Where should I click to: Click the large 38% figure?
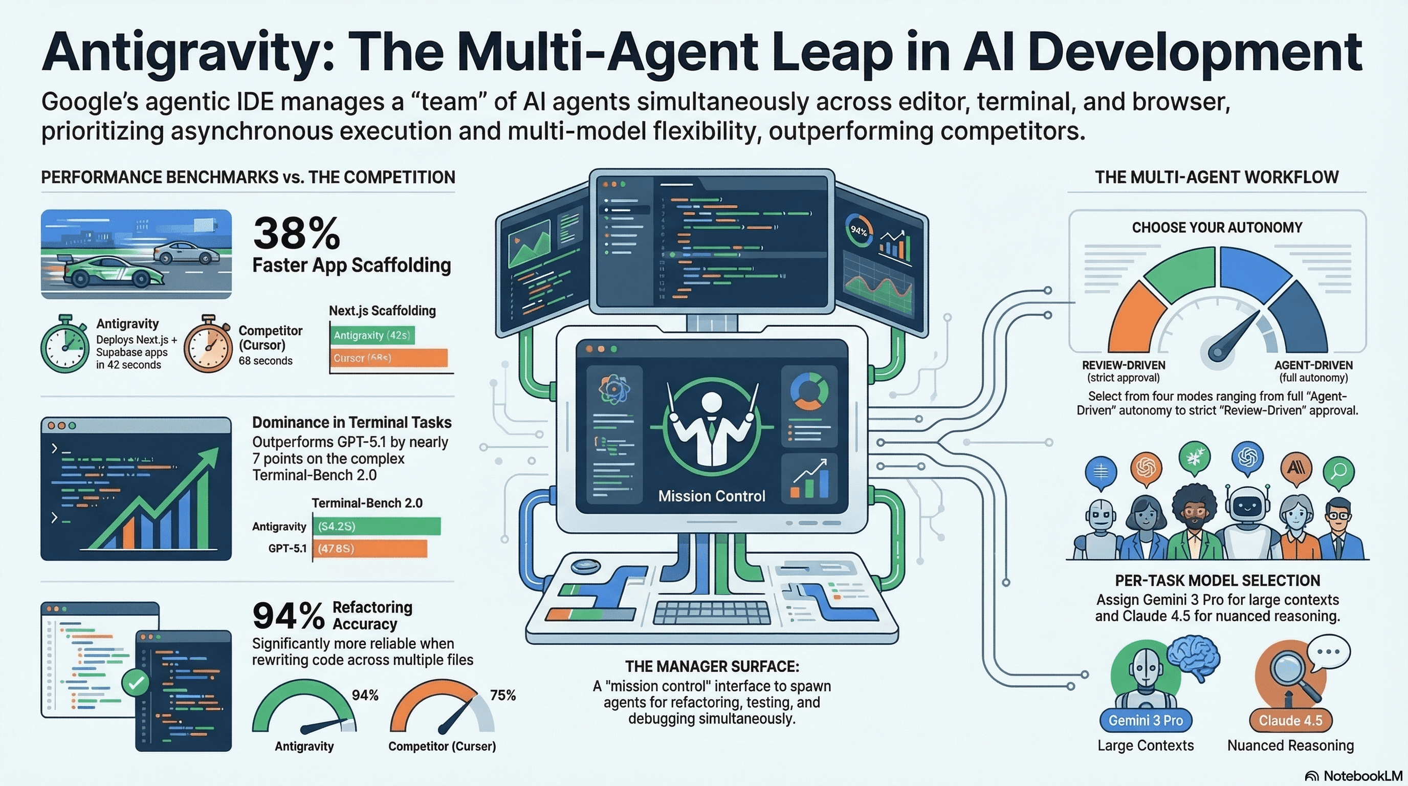(x=296, y=233)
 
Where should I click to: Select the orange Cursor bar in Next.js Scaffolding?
(x=389, y=358)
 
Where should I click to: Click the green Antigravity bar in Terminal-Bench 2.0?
(x=377, y=527)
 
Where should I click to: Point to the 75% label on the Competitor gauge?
(x=502, y=695)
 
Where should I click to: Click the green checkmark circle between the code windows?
(x=136, y=683)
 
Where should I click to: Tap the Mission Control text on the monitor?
(x=711, y=496)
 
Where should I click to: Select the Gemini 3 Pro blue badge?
(x=1145, y=720)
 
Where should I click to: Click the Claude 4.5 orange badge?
(x=1290, y=720)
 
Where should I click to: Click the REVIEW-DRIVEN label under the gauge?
(x=1123, y=365)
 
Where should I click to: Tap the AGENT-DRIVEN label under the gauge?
(x=1313, y=365)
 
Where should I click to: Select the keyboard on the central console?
(x=711, y=613)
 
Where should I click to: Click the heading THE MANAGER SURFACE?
(x=712, y=666)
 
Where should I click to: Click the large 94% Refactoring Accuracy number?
(x=288, y=616)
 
